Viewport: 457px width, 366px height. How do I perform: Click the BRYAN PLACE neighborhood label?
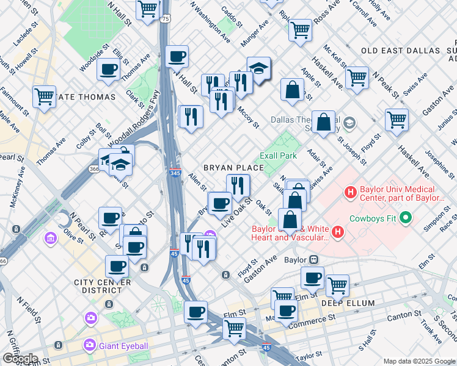(234, 168)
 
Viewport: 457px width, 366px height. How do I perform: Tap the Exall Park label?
(279, 156)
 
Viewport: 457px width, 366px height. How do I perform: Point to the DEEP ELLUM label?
(343, 303)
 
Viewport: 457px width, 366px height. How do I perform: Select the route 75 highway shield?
(166, 20)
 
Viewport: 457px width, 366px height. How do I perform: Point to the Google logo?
(20, 359)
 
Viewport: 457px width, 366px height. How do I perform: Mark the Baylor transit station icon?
(314, 259)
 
